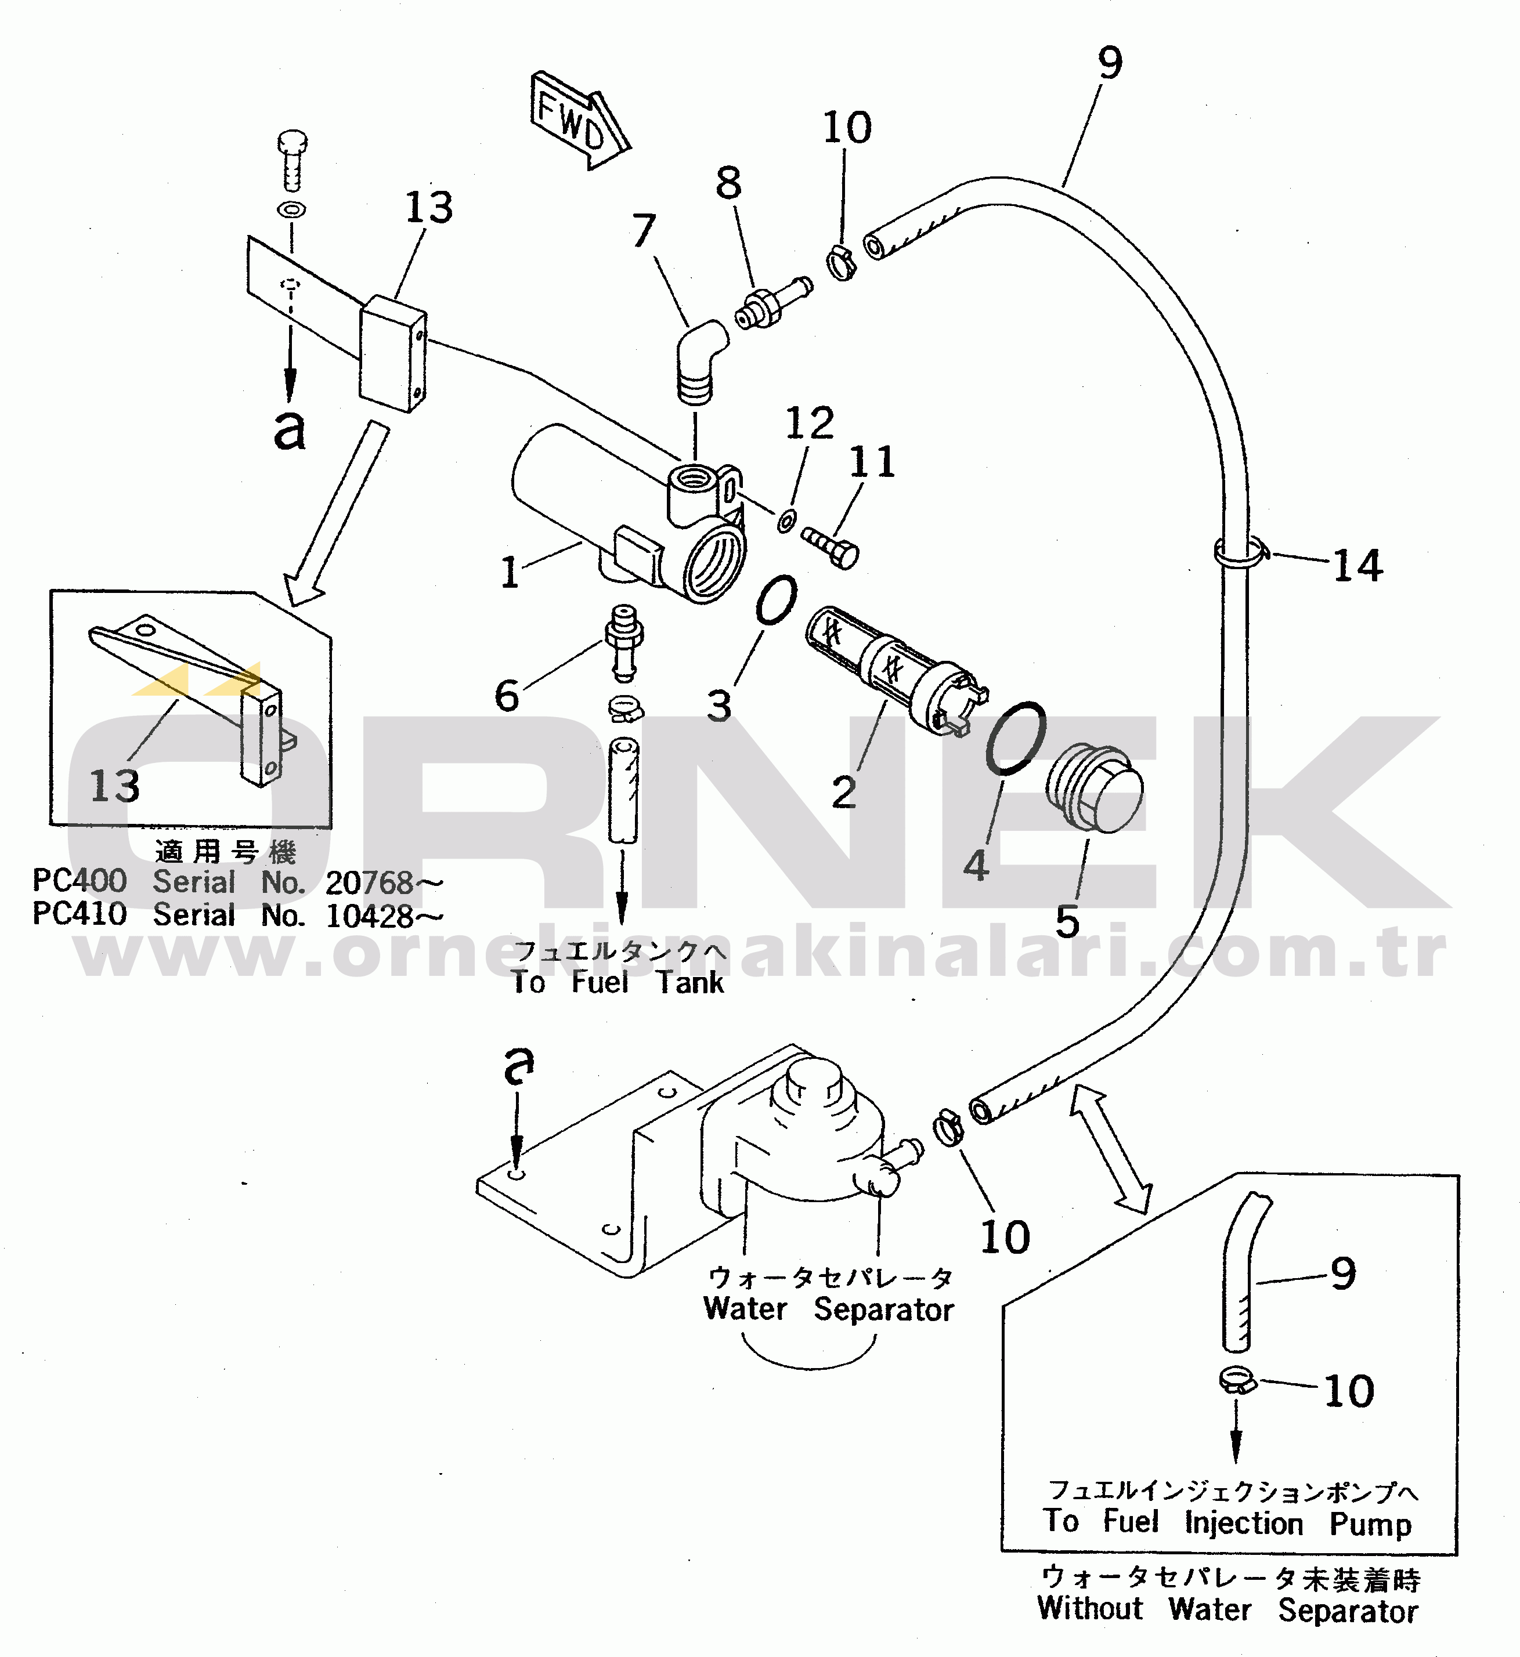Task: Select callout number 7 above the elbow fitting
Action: (x=644, y=231)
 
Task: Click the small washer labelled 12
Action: (x=787, y=520)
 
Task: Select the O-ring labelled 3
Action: (x=775, y=600)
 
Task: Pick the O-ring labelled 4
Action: (x=1016, y=737)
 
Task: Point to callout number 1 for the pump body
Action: (x=510, y=572)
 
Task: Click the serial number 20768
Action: (x=369, y=883)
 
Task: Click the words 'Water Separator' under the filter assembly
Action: (x=828, y=1309)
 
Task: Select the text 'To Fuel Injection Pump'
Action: (x=1226, y=1522)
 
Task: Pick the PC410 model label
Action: (x=80, y=914)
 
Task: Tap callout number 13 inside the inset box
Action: (x=114, y=786)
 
